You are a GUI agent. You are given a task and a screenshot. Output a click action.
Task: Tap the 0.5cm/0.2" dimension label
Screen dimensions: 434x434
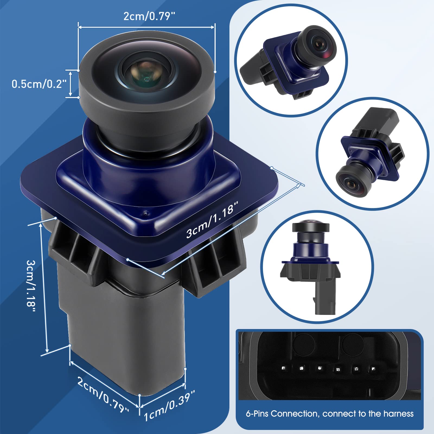click(39, 84)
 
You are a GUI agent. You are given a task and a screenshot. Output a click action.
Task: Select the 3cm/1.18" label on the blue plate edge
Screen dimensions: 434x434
click(212, 219)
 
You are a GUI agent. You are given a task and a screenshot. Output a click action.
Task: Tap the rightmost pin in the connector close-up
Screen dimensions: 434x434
click(374, 369)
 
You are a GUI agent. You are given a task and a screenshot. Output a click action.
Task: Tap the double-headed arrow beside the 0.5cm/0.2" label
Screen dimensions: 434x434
click(70, 84)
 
